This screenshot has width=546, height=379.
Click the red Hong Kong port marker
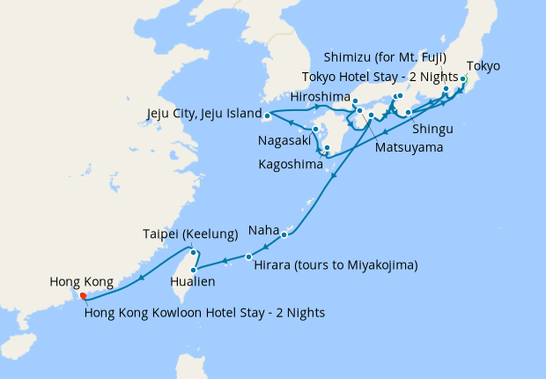click(84, 296)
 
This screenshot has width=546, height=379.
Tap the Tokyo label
click(483, 66)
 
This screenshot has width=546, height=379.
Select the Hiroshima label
click(321, 96)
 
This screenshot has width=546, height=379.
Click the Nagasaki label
click(283, 140)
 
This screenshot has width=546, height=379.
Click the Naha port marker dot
click(284, 234)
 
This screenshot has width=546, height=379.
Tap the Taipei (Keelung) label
click(190, 234)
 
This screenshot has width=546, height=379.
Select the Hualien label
click(190, 283)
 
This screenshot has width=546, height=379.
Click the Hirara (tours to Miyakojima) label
click(335, 264)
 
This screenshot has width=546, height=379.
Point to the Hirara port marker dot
click(248, 256)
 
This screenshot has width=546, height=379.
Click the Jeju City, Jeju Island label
click(203, 114)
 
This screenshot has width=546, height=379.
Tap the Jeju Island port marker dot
click(267, 115)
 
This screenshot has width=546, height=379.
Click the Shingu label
click(432, 129)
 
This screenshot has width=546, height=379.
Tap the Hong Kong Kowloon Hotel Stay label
click(205, 312)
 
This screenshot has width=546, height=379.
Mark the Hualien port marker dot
click(193, 269)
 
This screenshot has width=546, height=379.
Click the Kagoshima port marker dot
click(327, 148)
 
